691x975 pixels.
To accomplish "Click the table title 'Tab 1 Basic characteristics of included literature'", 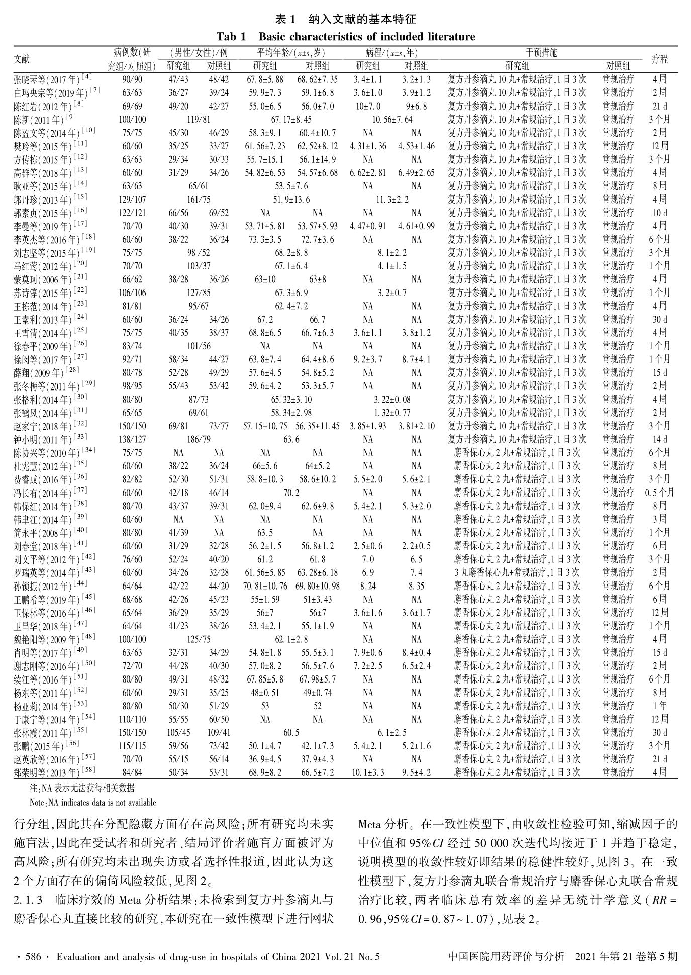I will pyautogui.click(x=345, y=37).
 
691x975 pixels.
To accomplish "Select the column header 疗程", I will pyautogui.click(x=659, y=59).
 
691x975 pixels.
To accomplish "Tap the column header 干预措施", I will pyautogui.click(x=541, y=53).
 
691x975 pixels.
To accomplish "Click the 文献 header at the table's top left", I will pyautogui.click(x=22, y=59).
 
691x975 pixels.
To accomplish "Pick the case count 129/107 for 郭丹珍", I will pyautogui.click(x=132, y=200).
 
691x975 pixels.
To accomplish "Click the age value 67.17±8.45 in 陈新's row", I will pyautogui.click(x=291, y=120).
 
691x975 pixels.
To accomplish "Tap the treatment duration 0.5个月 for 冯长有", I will pyautogui.click(x=659, y=493).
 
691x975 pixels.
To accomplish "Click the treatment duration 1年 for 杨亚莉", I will pyautogui.click(x=659, y=706).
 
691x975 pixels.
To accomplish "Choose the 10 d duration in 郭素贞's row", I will pyautogui.click(x=659, y=213).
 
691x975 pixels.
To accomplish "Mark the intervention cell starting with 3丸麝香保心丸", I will pyautogui.click(x=517, y=572).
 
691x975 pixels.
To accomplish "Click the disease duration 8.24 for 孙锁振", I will pyautogui.click(x=368, y=586).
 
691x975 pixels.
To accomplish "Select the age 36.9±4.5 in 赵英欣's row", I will pyautogui.click(x=265, y=759).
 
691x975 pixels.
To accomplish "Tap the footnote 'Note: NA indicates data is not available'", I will pyautogui.click(x=93, y=803).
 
